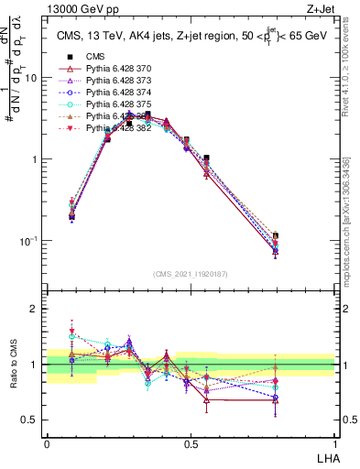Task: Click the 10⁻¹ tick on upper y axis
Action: pyautogui.click(x=28, y=241)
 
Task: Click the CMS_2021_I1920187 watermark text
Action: pyautogui.click(x=191, y=274)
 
